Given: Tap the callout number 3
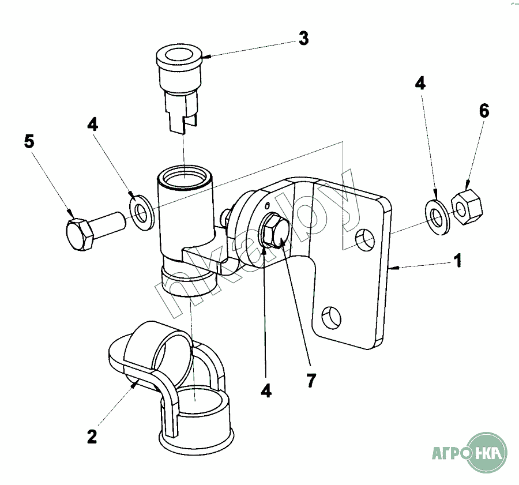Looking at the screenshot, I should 303,39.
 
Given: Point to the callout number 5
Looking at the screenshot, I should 29,141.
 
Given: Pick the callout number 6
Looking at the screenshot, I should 483,111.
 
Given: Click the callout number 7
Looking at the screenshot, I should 311,380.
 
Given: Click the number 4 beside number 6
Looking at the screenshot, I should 420,84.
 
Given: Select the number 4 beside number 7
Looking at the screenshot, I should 265,390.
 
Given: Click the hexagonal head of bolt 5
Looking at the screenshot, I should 79,234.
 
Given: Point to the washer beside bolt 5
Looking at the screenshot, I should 141,211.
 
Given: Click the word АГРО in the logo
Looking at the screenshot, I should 452,453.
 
